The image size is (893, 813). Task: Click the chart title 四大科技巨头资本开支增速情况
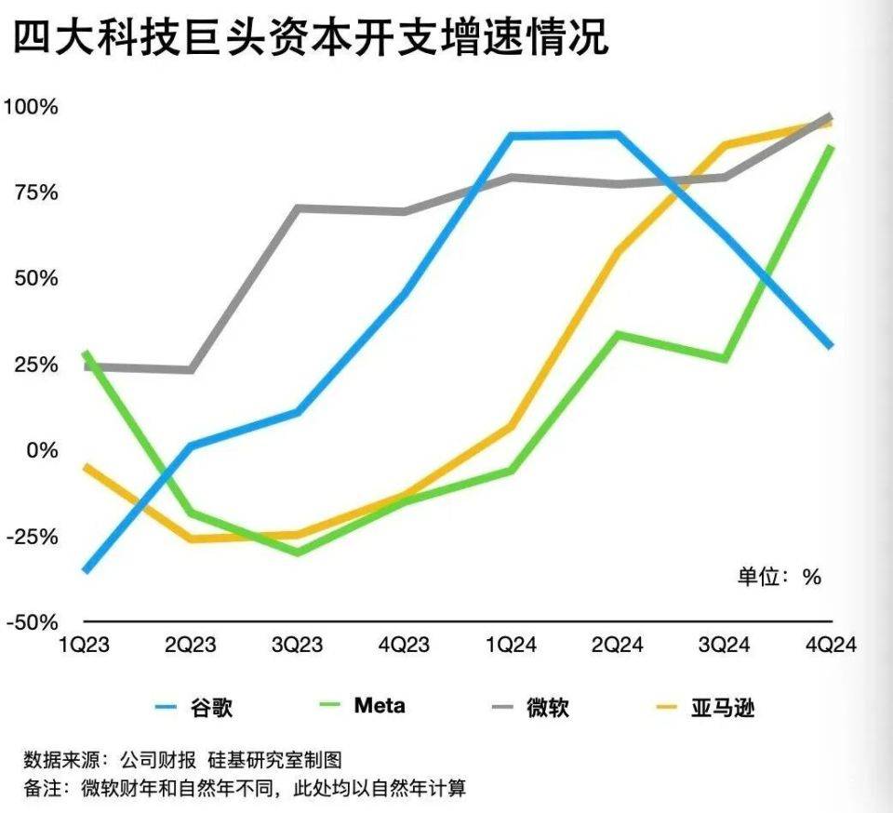coord(310,39)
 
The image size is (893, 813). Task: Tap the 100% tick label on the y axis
coord(32,107)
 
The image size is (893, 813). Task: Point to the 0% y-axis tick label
coord(43,450)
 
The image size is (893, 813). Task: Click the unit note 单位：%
coord(780,577)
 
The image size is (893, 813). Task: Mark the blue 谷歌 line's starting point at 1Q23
coord(87,569)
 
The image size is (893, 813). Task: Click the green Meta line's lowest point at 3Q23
coord(298,552)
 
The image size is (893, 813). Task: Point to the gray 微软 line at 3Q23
coord(298,208)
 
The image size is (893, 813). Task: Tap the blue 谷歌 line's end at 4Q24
coord(830,345)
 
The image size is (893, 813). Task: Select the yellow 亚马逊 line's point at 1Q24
coord(511,427)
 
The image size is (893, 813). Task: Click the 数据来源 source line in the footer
coord(183,761)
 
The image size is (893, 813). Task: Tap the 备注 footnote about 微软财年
coord(244,789)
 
